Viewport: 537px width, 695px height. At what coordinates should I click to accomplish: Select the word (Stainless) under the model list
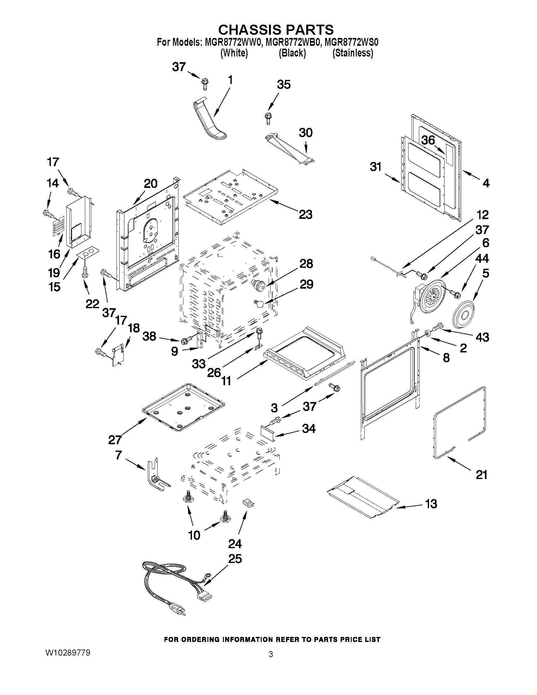(x=353, y=53)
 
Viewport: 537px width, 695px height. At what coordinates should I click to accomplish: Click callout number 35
(x=283, y=85)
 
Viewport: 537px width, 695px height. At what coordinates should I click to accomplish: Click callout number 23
(x=305, y=214)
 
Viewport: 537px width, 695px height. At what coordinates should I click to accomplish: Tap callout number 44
(x=482, y=258)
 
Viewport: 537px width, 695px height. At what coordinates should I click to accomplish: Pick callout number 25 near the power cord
(x=235, y=559)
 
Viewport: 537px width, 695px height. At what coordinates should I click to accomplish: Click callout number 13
(x=431, y=504)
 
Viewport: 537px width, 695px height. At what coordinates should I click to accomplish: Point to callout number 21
(x=481, y=475)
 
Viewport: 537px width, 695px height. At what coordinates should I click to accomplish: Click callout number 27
(x=115, y=440)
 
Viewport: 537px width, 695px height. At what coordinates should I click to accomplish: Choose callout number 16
(x=54, y=254)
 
